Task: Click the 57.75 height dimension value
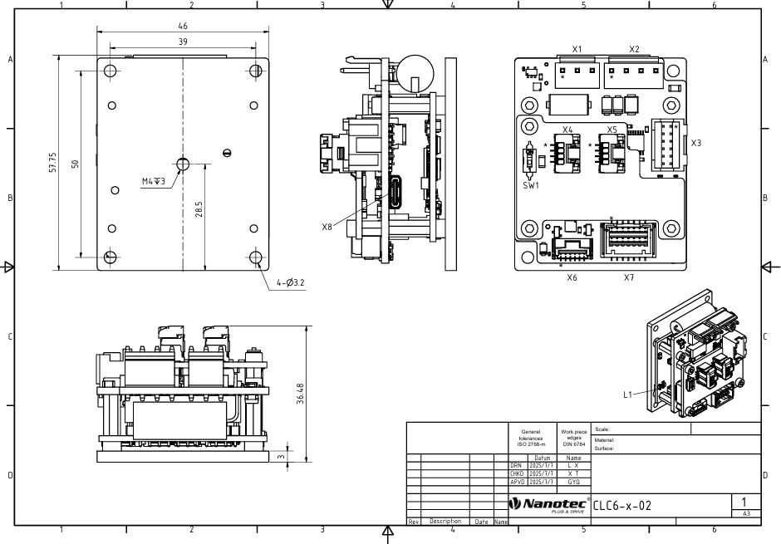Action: [x=53, y=163]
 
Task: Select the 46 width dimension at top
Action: [x=183, y=26]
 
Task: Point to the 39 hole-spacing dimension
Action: [x=183, y=42]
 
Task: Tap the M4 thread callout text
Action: [x=154, y=181]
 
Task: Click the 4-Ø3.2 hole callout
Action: [x=291, y=282]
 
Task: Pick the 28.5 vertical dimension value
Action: [x=199, y=209]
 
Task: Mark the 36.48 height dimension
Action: [x=300, y=393]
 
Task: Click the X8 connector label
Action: [x=327, y=227]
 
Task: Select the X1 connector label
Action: [x=577, y=49]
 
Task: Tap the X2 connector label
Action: [x=634, y=49]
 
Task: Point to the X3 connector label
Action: [x=695, y=144]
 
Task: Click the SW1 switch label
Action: [x=531, y=186]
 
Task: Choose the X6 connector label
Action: [x=572, y=277]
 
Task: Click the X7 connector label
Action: [x=629, y=277]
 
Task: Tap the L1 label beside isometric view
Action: [x=627, y=395]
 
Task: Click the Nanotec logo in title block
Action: [x=549, y=505]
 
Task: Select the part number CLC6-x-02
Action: [x=622, y=506]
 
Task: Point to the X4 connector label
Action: [x=567, y=130]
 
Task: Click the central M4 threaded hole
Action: [x=183, y=164]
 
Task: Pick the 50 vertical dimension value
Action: [x=76, y=164]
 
